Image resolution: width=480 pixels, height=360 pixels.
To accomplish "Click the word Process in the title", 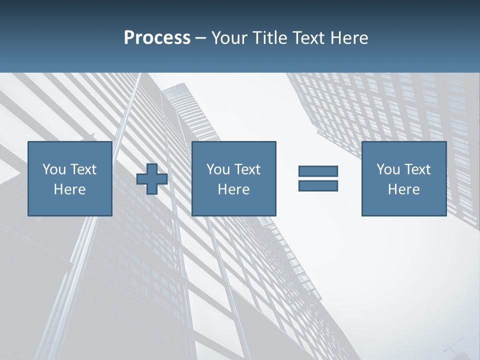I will (157, 38).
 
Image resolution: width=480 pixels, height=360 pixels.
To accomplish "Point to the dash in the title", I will (201, 38).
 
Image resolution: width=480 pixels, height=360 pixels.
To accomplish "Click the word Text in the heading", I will (310, 38).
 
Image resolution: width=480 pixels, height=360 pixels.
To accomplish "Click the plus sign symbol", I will (152, 179).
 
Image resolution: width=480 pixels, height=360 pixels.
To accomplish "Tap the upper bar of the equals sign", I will (318, 171).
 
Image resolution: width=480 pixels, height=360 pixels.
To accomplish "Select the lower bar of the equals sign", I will (318, 185).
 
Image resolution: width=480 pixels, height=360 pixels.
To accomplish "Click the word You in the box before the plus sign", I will (54, 169).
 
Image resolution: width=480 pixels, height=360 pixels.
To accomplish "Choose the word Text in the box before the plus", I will (83, 169).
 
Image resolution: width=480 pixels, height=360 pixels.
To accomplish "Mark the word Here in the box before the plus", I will (69, 189).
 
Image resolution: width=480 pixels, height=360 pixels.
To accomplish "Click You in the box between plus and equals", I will (218, 169).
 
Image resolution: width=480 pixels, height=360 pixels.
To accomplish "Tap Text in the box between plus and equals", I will (247, 169).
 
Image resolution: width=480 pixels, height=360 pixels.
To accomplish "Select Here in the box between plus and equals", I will (233, 189).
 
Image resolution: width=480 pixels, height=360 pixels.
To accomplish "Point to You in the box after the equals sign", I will (388, 169).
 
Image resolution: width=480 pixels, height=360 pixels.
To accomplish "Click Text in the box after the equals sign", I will (417, 169).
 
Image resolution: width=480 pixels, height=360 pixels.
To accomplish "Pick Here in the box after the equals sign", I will (403, 189).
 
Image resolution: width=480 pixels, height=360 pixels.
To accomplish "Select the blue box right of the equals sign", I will (403, 205).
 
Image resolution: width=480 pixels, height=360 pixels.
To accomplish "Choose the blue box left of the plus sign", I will (69, 205).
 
